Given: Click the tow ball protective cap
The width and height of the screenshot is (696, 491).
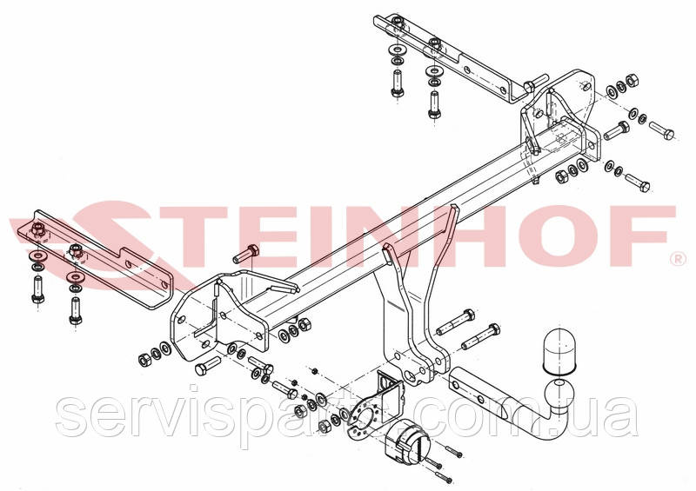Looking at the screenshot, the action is (x=559, y=350).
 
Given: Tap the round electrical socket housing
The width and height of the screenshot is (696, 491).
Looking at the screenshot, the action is (x=407, y=441).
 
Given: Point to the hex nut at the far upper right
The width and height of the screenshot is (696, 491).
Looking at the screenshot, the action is (x=632, y=81).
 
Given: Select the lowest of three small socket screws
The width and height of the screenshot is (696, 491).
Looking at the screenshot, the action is (x=444, y=477).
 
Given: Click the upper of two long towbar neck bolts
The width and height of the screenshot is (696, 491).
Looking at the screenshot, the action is (x=455, y=322).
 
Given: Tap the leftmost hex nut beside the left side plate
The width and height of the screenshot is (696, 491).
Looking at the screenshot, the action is (x=144, y=360).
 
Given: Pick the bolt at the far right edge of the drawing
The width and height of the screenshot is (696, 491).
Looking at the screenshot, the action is (x=662, y=130).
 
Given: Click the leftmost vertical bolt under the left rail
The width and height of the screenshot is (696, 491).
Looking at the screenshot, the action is (x=37, y=289).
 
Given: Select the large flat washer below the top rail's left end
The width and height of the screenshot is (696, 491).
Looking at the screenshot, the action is (x=397, y=49).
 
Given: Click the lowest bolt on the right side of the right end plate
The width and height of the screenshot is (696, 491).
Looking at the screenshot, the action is (x=637, y=182).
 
